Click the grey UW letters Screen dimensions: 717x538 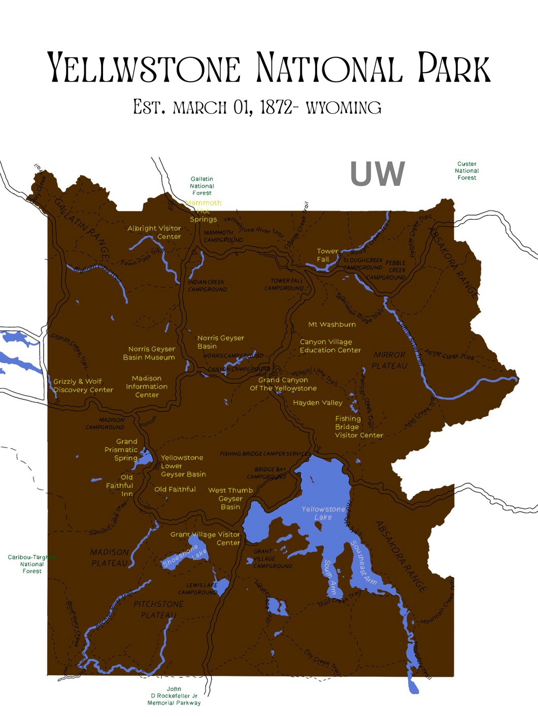click(x=377, y=174)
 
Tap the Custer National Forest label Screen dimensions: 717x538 click(x=466, y=171)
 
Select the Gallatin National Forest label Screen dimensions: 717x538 click(x=201, y=186)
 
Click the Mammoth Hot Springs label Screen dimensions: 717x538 click(x=203, y=211)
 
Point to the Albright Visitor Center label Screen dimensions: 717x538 click(x=154, y=232)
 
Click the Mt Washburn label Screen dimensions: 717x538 click(x=332, y=324)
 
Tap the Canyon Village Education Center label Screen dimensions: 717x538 click(x=330, y=346)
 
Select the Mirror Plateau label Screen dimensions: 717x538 click(x=389, y=360)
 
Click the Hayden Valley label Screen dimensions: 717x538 click(x=318, y=403)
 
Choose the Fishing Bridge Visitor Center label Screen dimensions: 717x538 click(x=358, y=427)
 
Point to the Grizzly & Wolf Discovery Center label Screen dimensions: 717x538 click(x=83, y=386)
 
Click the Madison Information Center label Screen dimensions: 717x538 click(x=147, y=387)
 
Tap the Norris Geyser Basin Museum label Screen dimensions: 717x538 click(x=149, y=353)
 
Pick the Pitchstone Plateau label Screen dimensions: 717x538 click(x=158, y=609)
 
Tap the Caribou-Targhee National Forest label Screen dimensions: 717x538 click(x=31, y=564)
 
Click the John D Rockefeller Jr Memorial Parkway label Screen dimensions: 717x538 click(x=174, y=696)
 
